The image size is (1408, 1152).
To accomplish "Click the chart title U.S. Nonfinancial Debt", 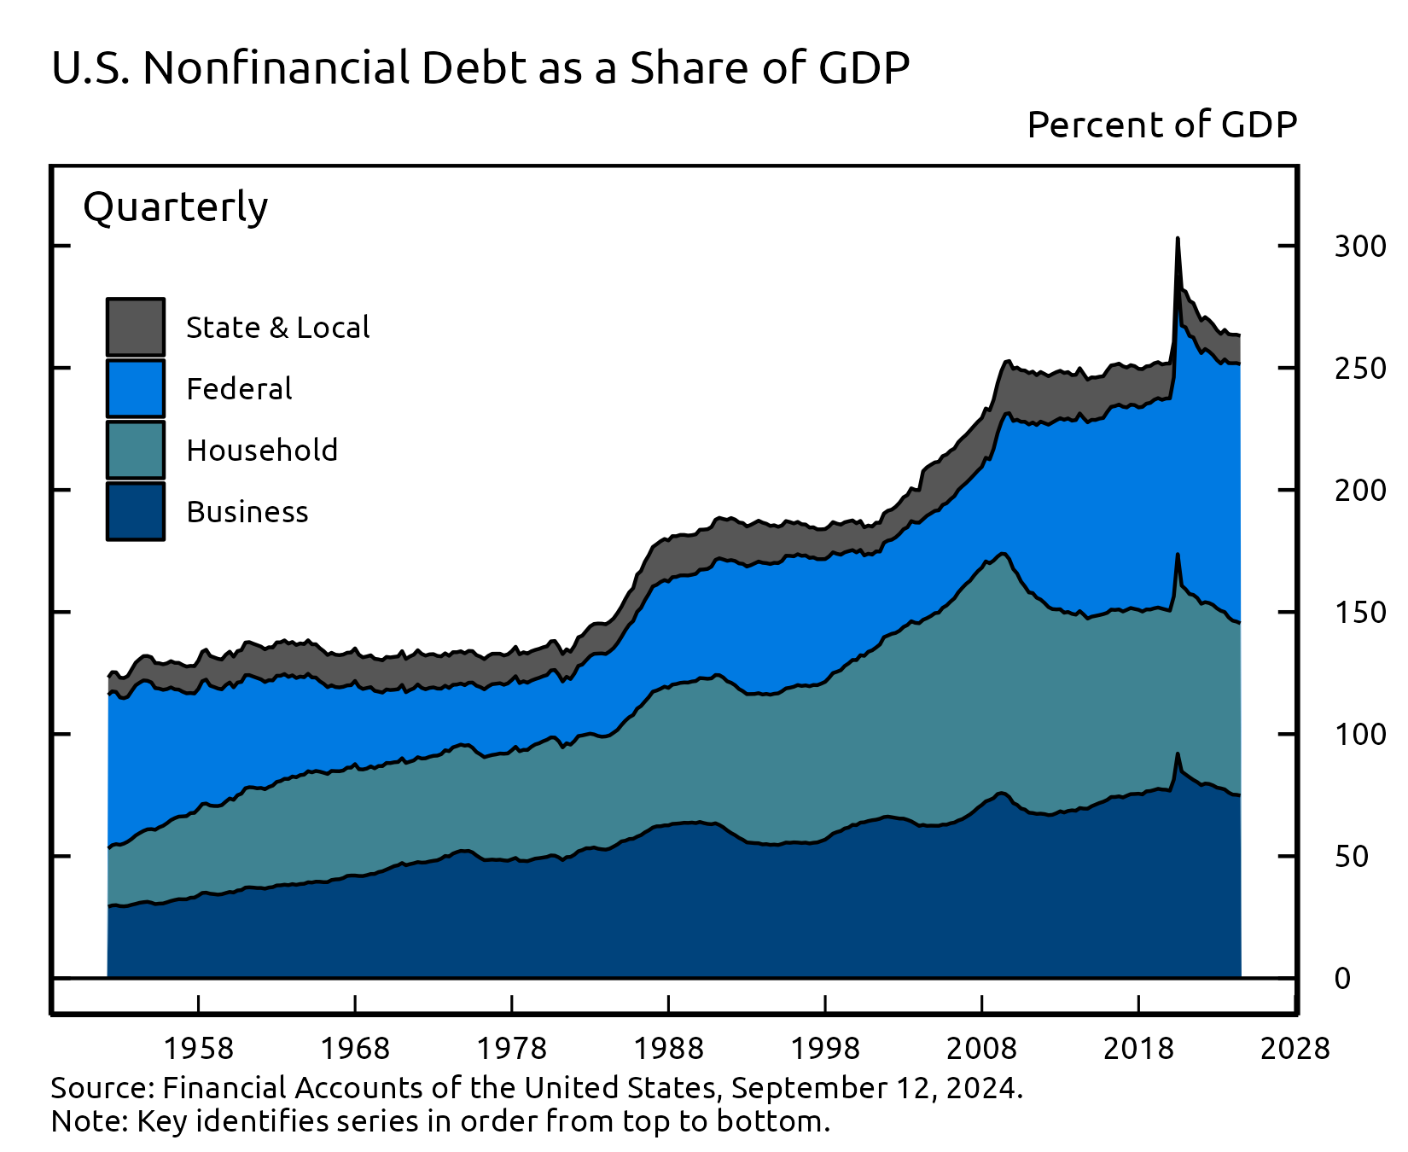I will coord(480,68).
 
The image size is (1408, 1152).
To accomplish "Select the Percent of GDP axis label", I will coord(1161,125).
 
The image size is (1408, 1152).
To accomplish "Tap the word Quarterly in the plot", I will coord(175,207).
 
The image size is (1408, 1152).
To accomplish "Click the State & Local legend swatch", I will coord(136,327).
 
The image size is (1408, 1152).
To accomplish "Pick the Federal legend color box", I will coord(136,388).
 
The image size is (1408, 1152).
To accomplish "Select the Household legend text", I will coord(262,450).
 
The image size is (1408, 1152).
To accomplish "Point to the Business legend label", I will coord(247,511).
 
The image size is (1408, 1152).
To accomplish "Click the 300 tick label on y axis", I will coord(1360,247).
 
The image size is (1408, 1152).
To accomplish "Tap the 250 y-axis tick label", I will coord(1360,369).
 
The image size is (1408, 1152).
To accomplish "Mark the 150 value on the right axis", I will coord(1360,613).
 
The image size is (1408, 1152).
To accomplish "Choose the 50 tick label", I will coord(1351,856).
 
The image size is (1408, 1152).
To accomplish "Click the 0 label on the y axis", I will coord(1342,978).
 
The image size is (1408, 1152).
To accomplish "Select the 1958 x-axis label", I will coord(198,1048).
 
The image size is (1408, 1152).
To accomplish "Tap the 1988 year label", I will coord(668,1048).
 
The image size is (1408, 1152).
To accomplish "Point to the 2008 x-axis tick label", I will coord(981,1048).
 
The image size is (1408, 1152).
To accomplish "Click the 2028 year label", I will coord(1295,1048).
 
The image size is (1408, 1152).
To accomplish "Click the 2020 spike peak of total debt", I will coord(1178,240).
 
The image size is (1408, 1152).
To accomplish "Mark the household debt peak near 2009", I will coord(1004,554).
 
